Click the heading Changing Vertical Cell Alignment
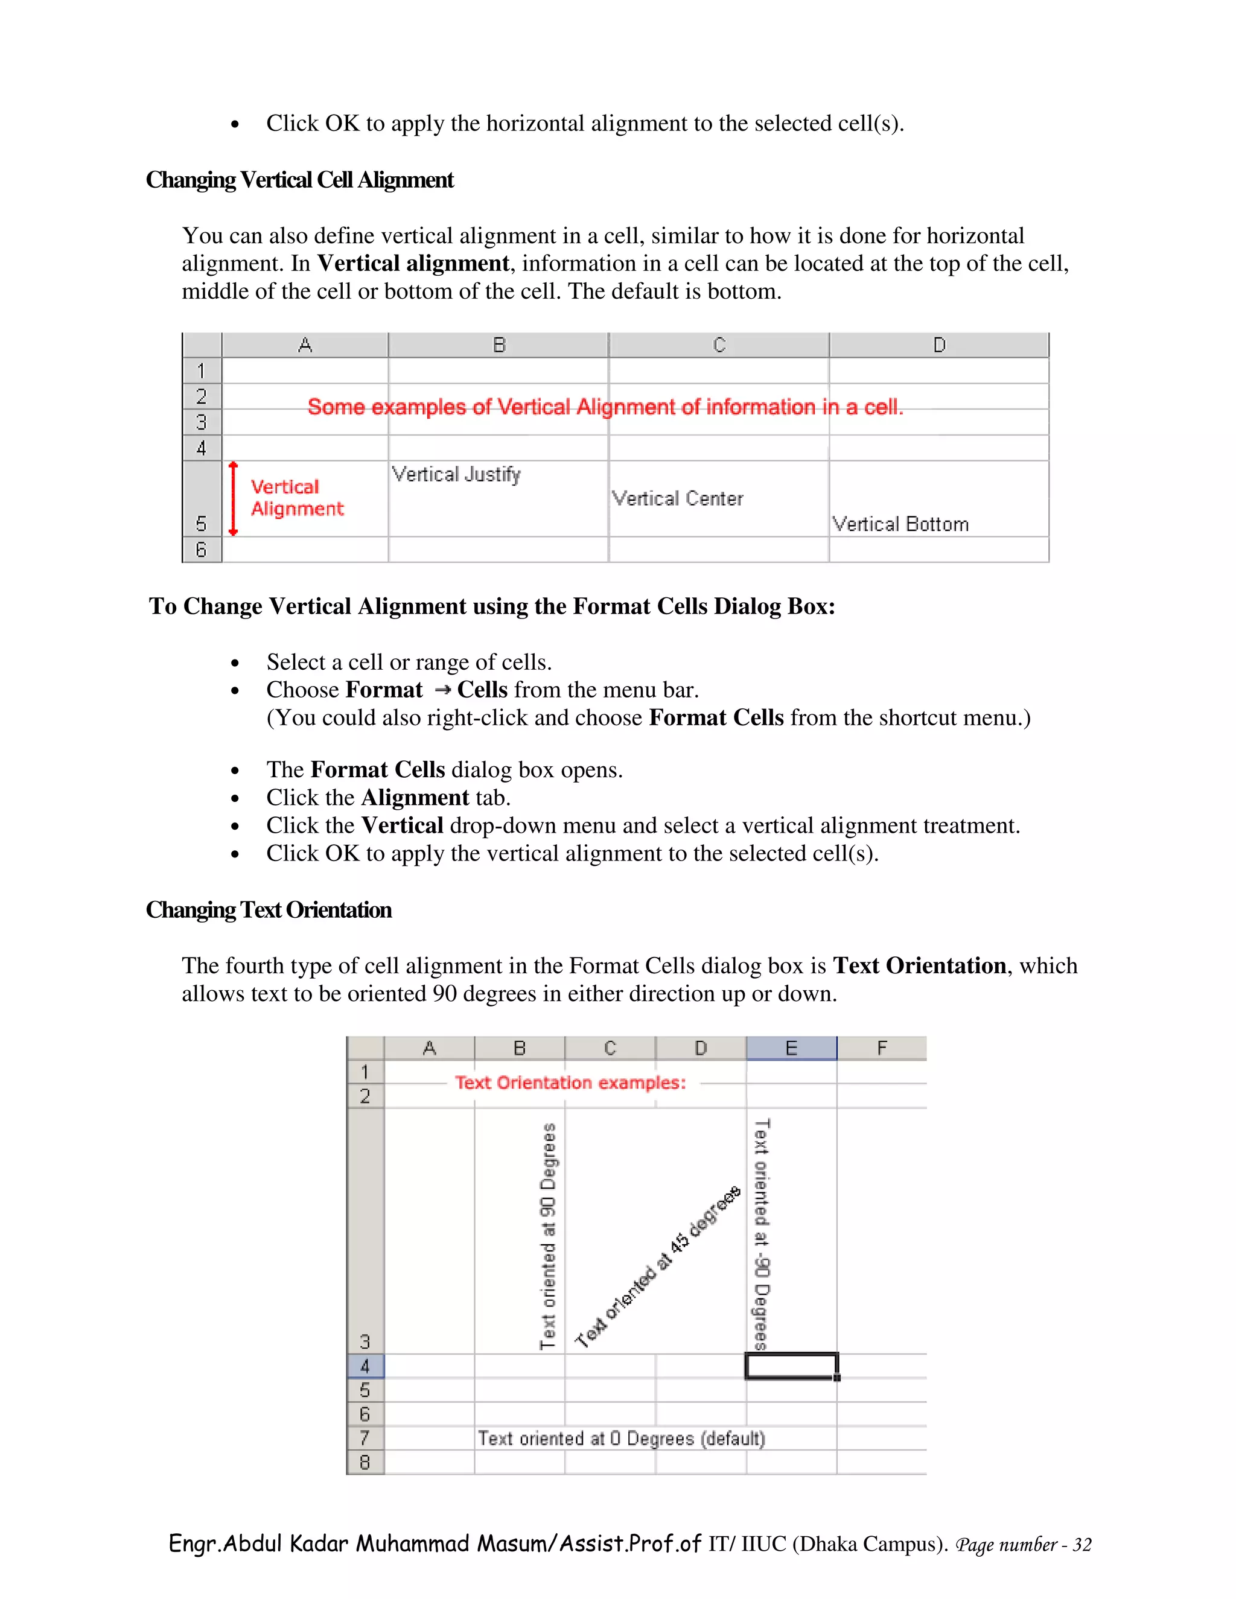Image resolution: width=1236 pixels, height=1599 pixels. [299, 180]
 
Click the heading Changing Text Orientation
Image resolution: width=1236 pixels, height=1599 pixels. [268, 910]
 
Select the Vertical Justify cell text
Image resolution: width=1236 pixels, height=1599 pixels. [456, 474]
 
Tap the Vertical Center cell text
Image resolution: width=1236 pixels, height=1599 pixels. [677, 498]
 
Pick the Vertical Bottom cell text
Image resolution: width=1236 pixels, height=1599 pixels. [900, 524]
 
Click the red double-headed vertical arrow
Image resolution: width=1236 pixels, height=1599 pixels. [233, 498]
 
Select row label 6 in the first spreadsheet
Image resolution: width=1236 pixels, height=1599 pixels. [202, 549]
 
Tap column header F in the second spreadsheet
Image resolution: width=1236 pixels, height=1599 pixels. [882, 1049]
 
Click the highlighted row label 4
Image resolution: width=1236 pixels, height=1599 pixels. [365, 1366]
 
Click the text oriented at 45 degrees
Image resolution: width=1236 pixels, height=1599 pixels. [658, 1268]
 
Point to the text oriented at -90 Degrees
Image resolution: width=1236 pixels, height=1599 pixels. [762, 1235]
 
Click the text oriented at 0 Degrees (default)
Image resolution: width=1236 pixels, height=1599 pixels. [621, 1438]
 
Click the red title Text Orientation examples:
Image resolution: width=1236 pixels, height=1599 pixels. [570, 1083]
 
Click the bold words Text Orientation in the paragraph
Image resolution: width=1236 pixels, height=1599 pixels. [919, 965]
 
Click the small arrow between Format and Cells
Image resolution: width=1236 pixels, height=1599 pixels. [442, 690]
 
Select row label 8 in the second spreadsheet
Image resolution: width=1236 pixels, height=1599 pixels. [365, 1462]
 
